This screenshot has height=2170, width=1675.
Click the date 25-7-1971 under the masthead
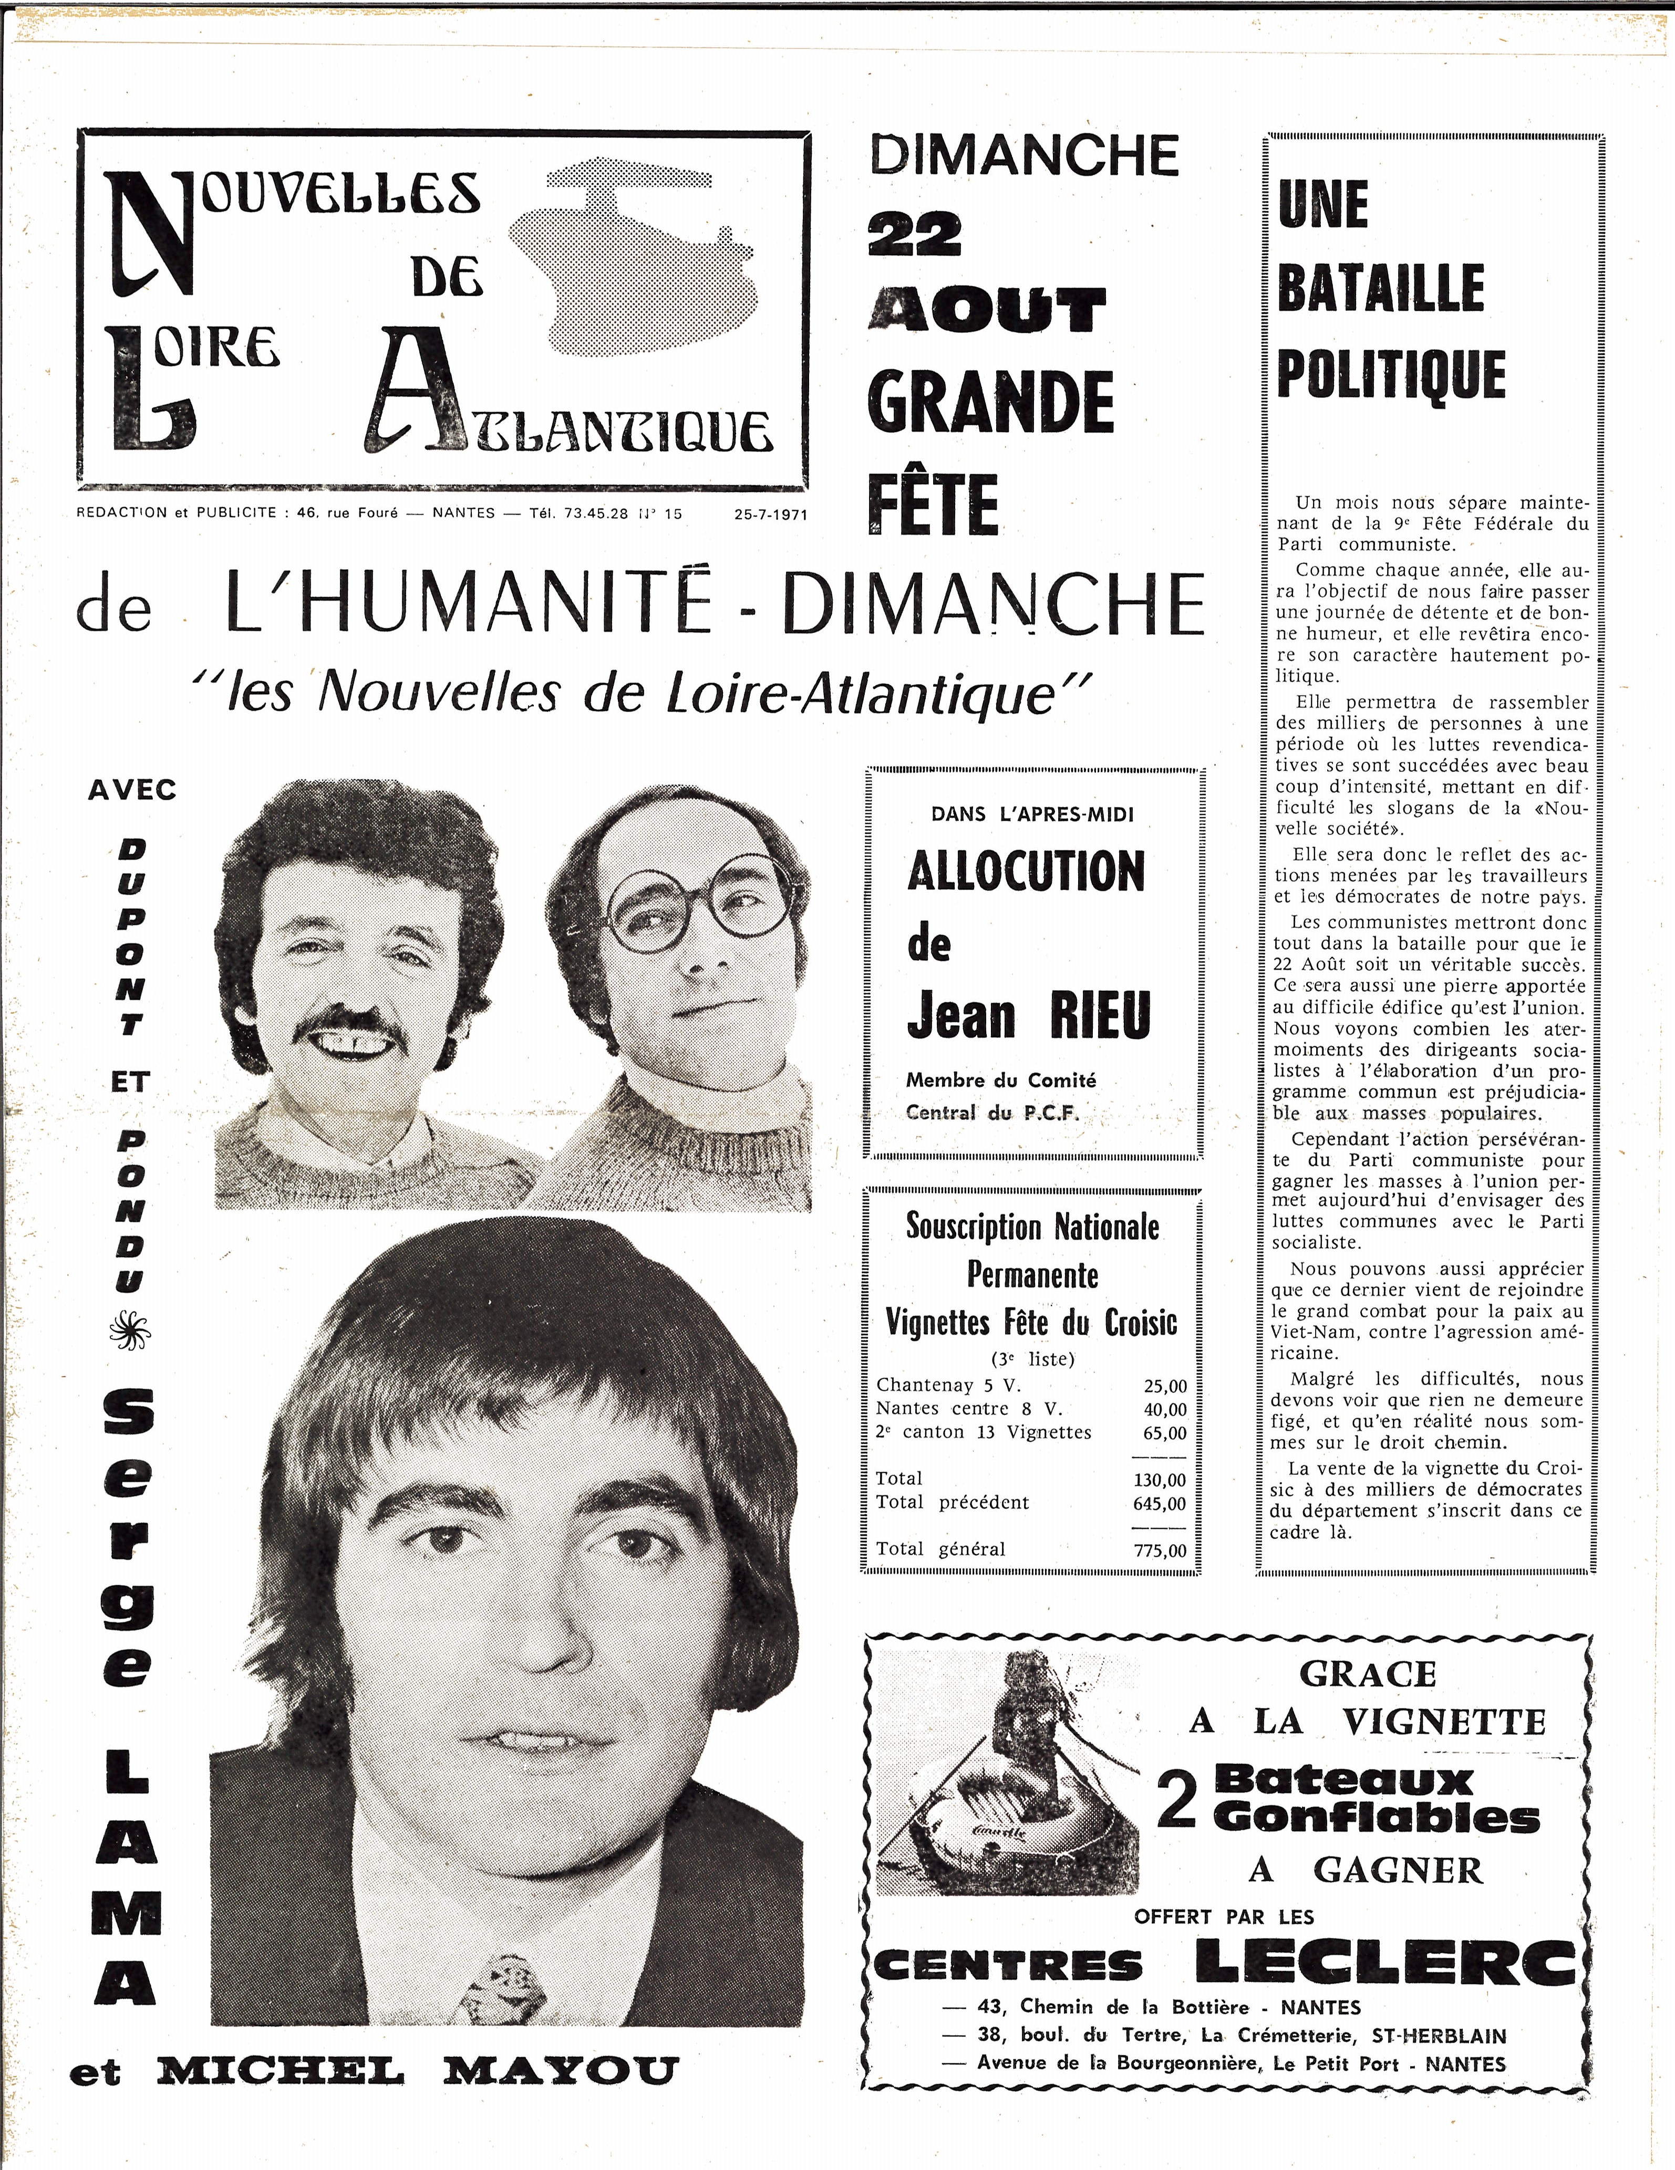tap(770, 515)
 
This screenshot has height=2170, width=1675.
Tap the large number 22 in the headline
tap(915, 235)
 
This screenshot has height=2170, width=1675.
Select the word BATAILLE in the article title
tap(1380, 288)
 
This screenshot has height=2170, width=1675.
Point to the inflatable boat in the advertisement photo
tap(1004, 1823)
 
